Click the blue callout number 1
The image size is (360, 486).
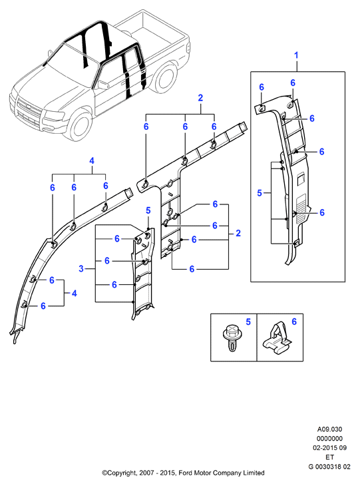coord(296,55)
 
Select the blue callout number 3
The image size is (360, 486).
coord(81,268)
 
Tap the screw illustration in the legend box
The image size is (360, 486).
coord(230,338)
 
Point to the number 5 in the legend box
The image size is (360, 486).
coord(248,322)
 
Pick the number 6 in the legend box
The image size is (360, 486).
coord(294,322)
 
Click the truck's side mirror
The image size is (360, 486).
coord(102,85)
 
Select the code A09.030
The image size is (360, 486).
coord(329,429)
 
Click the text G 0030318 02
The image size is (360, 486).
coord(329,467)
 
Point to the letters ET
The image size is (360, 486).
coord(329,457)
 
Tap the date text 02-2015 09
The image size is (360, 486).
coord(329,448)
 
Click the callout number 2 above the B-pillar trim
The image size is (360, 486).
coord(200,98)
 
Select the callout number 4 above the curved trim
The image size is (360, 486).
coord(92,161)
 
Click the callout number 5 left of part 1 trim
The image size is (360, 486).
coord(260,193)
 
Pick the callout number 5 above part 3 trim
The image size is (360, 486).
coord(148,211)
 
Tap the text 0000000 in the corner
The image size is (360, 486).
coord(329,439)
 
